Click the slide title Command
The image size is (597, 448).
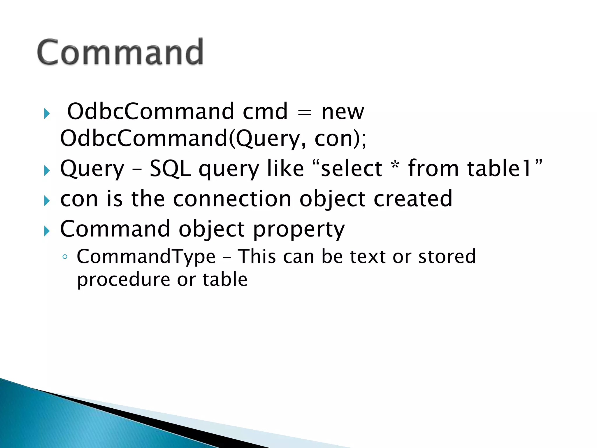tap(120, 52)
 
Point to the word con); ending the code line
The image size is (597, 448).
tap(340, 139)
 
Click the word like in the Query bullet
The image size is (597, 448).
tap(285, 169)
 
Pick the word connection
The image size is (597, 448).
tap(232, 199)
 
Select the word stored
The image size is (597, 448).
tap(447, 257)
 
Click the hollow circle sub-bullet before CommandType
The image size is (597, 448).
tap(65, 257)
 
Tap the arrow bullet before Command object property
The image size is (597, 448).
tap(47, 231)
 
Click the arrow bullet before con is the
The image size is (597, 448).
tap(47, 201)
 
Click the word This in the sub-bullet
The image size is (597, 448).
tap(257, 257)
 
